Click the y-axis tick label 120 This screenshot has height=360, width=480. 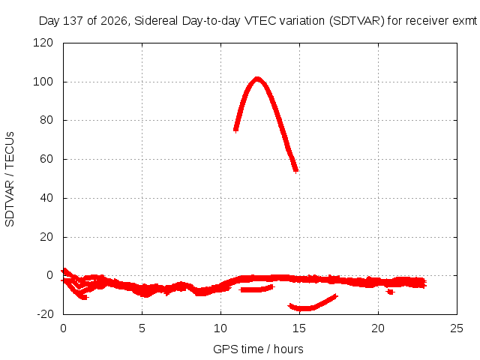[43, 43]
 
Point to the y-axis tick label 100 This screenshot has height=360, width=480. [43, 82]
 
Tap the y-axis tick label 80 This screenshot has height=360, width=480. [46, 120]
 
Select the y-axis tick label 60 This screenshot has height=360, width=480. [46, 159]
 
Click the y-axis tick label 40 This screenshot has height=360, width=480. [46, 198]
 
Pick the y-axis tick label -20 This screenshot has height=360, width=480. [45, 314]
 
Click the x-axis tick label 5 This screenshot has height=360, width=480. [142, 328]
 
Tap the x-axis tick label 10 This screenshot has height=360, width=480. [220, 328]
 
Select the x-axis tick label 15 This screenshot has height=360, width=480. [299, 328]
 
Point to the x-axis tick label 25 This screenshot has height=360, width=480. [457, 328]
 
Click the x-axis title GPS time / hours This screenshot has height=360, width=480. [258, 349]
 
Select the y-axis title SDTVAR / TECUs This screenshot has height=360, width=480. [10, 179]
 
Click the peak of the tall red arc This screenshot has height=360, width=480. [257, 79]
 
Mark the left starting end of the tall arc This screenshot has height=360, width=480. [235, 130]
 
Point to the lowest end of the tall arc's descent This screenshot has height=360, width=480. [295, 170]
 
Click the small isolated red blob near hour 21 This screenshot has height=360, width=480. [390, 292]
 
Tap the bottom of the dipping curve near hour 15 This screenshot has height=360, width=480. [304, 308]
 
